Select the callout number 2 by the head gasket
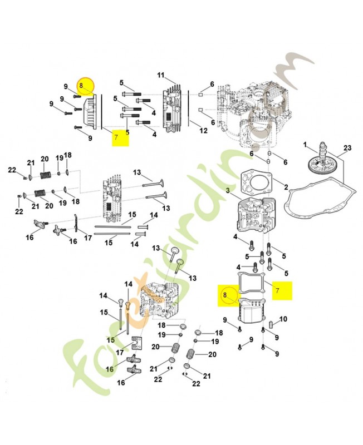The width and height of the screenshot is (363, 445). click(x=286, y=187)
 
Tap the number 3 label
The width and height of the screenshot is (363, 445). click(x=228, y=191)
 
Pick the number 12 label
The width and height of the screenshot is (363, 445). click(x=203, y=131)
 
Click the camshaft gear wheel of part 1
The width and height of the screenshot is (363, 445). click(x=322, y=163)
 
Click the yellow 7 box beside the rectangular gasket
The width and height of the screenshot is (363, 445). click(x=282, y=290)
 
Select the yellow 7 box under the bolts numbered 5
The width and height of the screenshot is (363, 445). click(x=120, y=136)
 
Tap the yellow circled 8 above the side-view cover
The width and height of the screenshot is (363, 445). click(x=86, y=86)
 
